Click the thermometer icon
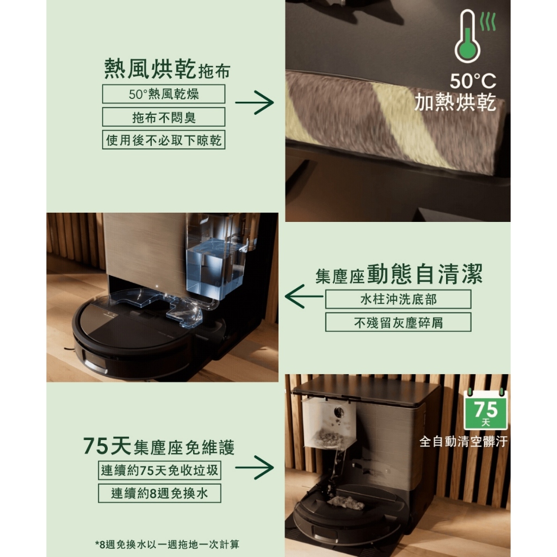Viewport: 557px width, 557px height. tap(467, 36)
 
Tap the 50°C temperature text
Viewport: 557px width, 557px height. tap(473, 81)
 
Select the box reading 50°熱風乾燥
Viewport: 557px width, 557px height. tap(164, 94)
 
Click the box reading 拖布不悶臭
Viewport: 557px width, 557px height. tap(164, 117)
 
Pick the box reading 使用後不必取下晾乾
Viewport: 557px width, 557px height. tap(164, 140)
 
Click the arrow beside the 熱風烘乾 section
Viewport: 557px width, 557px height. tap(255, 103)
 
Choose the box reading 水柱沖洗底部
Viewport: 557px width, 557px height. tap(398, 300)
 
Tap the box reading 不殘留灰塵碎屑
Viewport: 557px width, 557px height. tap(398, 322)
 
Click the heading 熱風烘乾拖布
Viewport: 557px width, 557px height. tap(168, 69)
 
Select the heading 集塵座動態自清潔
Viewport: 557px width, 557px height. tap(399, 274)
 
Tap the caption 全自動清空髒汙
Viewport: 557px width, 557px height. tap(463, 442)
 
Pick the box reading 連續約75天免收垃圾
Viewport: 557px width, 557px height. tap(159, 471)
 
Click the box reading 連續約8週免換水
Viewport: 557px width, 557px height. tap(159, 493)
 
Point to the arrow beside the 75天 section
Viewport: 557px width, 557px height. tap(255, 467)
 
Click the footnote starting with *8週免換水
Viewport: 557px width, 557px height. tap(168, 544)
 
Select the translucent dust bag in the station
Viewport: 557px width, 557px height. tap(329, 423)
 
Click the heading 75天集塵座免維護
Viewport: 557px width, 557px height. tap(159, 446)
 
